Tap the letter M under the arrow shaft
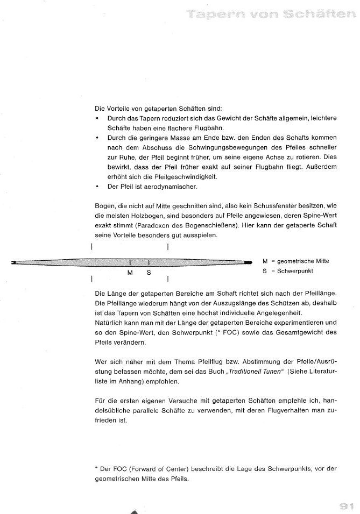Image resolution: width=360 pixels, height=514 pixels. pyautogui.click(x=130, y=273)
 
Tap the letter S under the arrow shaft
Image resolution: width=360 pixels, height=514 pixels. pyautogui.click(x=149, y=273)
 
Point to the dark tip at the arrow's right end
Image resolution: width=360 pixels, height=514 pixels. pyautogui.click(x=248, y=262)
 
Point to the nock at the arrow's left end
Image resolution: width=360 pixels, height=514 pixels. pyautogui.click(x=13, y=262)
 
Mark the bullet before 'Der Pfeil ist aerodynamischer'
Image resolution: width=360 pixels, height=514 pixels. pyautogui.click(x=96, y=187)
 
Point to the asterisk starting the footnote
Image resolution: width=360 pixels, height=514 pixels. pyautogui.click(x=96, y=468)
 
